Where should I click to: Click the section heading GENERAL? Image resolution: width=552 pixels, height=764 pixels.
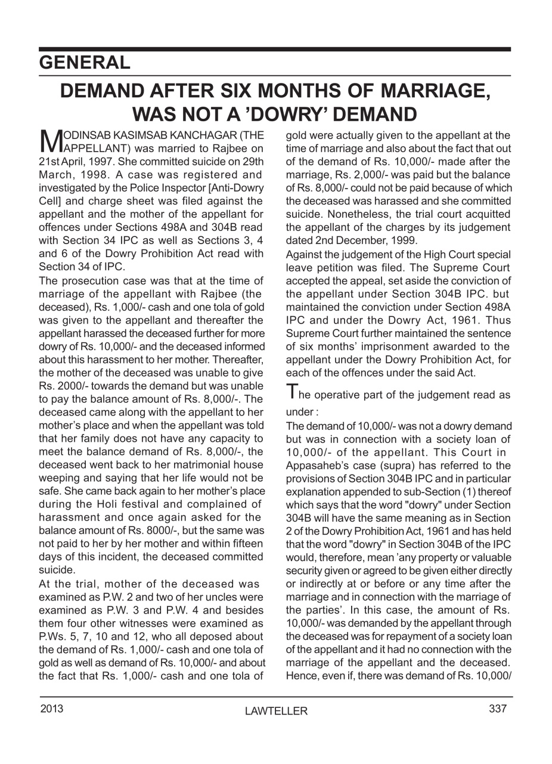click(x=85, y=63)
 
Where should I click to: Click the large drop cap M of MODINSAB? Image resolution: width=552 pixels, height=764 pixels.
click(x=50, y=141)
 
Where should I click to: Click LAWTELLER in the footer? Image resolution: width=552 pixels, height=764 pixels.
click(x=276, y=711)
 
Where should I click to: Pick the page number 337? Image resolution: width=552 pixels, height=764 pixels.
click(x=497, y=708)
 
